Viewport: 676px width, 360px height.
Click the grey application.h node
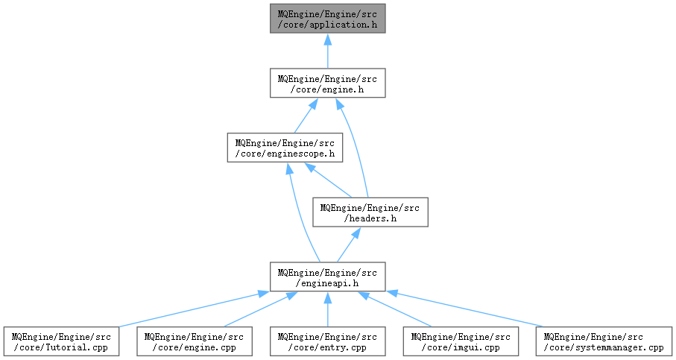[x=328, y=19]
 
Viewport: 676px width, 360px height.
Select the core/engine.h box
[x=328, y=83]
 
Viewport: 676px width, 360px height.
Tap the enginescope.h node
[x=285, y=148]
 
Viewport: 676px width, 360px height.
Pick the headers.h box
[x=370, y=212]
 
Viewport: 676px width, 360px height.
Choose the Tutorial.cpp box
[x=61, y=341]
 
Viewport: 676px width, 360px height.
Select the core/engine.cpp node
[x=195, y=341]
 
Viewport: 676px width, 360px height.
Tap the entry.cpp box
[x=328, y=341]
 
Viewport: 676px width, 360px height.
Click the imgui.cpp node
[x=461, y=341]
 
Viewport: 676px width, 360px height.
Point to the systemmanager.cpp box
[x=604, y=341]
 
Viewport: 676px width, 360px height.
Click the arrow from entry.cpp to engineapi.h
[x=328, y=309]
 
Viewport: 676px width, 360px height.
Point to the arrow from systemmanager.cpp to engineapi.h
[x=465, y=309]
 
